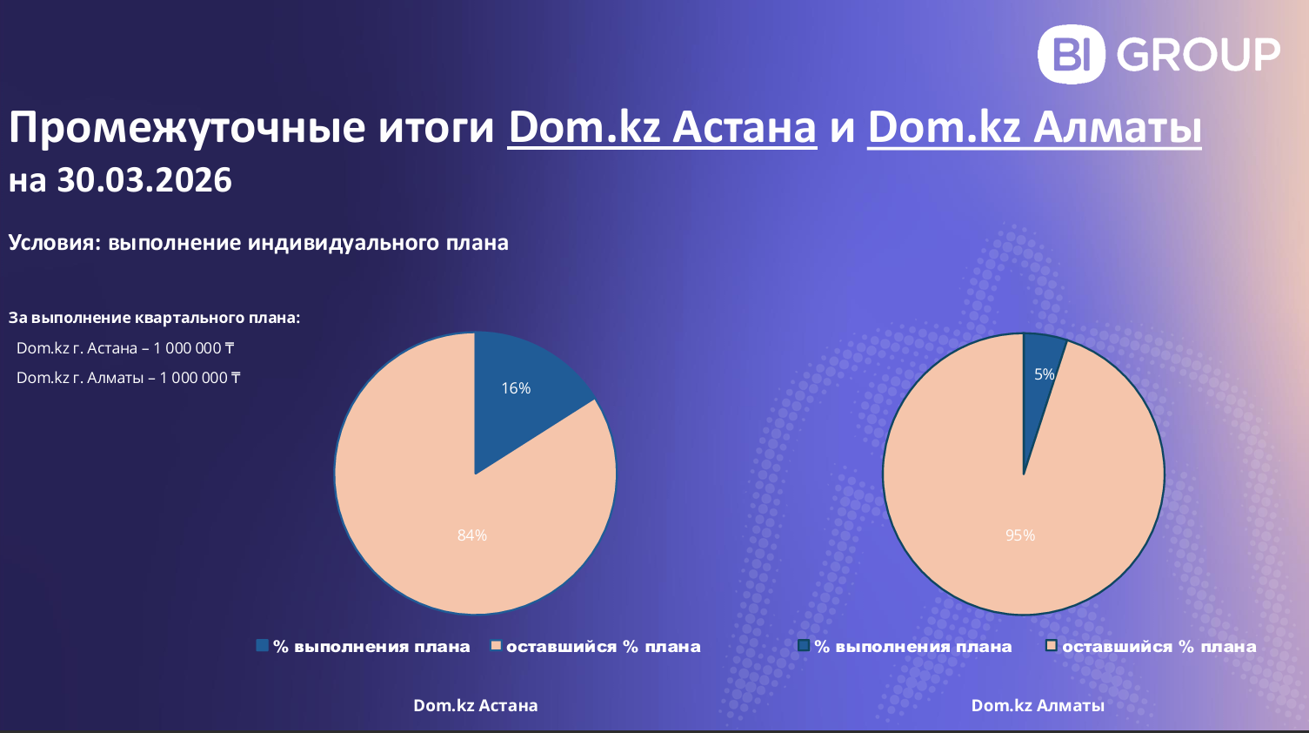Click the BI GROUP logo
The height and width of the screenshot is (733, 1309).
click(x=1159, y=54)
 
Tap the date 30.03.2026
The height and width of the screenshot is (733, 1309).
click(x=144, y=179)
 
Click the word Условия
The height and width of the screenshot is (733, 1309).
click(x=55, y=242)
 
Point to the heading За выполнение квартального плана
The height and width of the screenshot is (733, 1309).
click(x=154, y=318)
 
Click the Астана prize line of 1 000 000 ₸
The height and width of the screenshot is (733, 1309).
click(x=125, y=348)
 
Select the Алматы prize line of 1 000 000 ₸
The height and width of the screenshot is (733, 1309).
click(x=128, y=378)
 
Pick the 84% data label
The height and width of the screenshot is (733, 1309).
click(x=472, y=535)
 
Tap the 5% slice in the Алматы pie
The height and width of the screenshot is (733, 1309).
click(x=1038, y=374)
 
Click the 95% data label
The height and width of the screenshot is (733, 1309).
click(x=1020, y=535)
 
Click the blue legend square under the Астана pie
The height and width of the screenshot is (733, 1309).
click(x=263, y=645)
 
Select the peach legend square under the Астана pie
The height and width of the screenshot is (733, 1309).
click(x=496, y=645)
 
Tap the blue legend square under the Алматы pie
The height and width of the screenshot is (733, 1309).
click(x=804, y=645)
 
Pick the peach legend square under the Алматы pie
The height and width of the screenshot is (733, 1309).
click(x=1052, y=645)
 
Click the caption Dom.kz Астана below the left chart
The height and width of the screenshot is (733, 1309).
click(x=476, y=705)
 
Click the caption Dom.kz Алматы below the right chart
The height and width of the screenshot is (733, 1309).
click(x=1038, y=705)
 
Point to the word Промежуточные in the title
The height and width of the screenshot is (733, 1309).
click(x=186, y=129)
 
